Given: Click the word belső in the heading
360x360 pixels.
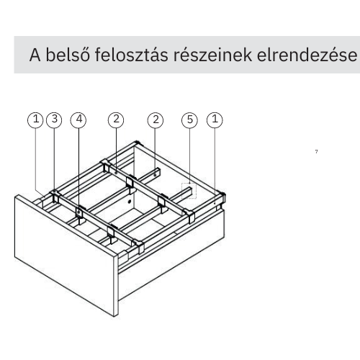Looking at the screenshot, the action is click(68, 55).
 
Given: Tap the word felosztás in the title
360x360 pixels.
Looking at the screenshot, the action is click(132, 55).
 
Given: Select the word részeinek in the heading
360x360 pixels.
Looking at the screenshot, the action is click(212, 55).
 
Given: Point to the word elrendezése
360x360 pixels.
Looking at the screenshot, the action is click(307, 55).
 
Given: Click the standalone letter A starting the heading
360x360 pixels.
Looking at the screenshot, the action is click(35, 55).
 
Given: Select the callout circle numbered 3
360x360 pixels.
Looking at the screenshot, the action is click(54, 120).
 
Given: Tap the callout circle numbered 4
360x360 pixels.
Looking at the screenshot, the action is click(78, 120).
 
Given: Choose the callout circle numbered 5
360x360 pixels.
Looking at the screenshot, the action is click(189, 120).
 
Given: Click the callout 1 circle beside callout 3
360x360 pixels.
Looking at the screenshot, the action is click(35, 120).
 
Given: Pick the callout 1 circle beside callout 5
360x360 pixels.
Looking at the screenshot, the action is click(215, 120).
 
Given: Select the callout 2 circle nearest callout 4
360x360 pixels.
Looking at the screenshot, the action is click(116, 120).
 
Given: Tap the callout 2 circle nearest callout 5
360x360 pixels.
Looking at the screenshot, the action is click(156, 120).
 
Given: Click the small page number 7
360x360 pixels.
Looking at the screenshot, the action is click(317, 151).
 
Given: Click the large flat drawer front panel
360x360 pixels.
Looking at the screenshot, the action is click(65, 254).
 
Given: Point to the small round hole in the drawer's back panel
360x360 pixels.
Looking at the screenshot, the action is click(130, 201).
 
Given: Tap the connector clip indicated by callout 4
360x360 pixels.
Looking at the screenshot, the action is click(78, 213).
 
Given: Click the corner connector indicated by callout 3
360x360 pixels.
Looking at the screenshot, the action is click(55, 197).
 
